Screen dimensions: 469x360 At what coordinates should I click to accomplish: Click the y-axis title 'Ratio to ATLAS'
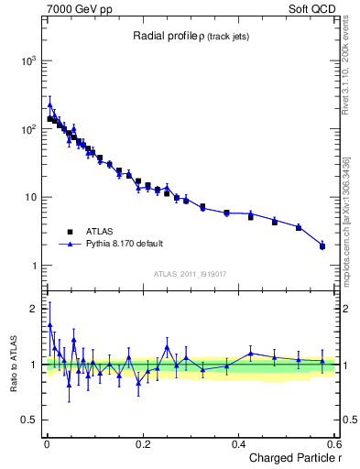[x=12, y=365]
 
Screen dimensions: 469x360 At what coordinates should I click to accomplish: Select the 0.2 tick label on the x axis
[x=143, y=443]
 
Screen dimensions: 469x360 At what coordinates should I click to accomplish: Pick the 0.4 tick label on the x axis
[x=238, y=443]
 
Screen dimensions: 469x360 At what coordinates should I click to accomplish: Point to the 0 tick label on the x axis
[x=47, y=443]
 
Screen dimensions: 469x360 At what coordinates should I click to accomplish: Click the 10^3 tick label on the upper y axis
[x=27, y=60]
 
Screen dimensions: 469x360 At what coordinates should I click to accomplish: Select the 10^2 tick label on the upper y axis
[x=27, y=129]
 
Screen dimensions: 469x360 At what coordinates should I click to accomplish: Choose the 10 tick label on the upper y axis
[x=30, y=198]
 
